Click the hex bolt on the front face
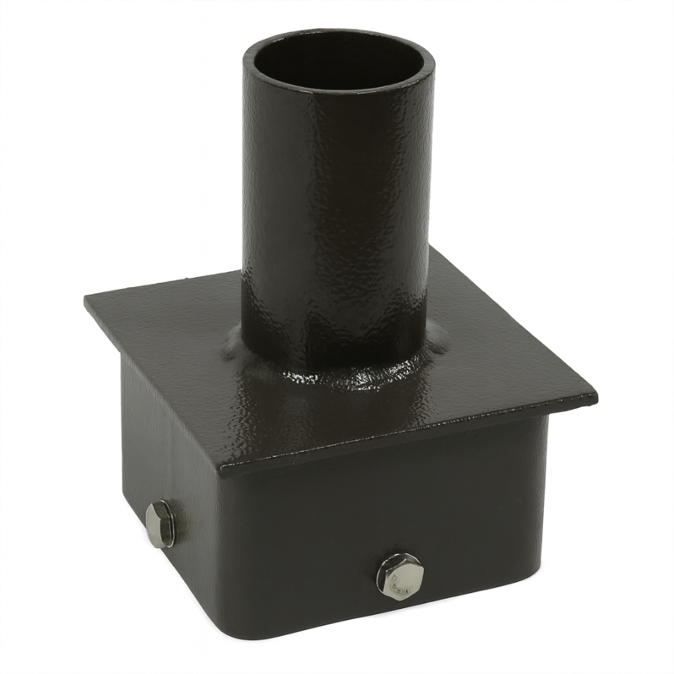398,576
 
